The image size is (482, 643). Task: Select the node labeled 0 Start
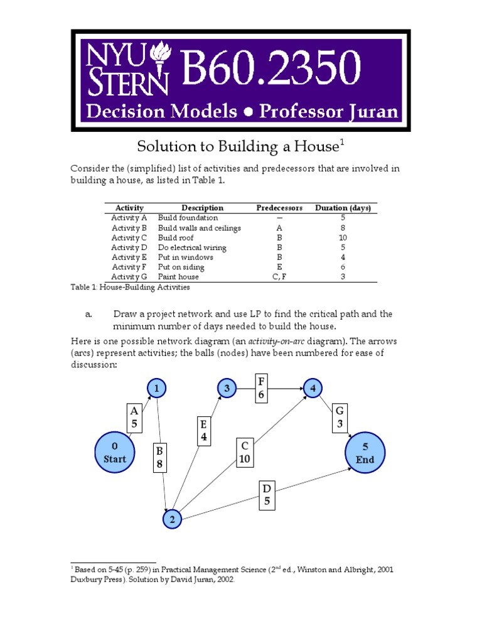coord(114,452)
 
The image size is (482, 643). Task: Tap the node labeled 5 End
coord(365,452)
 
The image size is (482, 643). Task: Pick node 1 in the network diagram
coord(157,389)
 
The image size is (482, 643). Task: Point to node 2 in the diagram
coord(172,519)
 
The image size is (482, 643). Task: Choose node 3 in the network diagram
coord(227,389)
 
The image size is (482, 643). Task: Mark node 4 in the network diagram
coord(312,389)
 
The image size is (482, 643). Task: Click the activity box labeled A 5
coord(134,417)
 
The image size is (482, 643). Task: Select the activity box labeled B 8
coord(159,458)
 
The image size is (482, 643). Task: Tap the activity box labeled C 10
coord(245,453)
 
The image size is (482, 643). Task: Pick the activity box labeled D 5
coord(266,495)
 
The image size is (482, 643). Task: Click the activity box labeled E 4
coord(205,431)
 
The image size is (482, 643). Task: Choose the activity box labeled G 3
coord(340,417)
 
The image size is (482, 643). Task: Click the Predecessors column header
coord(279,208)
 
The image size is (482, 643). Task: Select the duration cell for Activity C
coord(343,238)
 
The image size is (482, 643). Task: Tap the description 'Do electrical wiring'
coord(192,247)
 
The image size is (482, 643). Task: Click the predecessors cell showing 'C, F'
coord(279,276)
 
